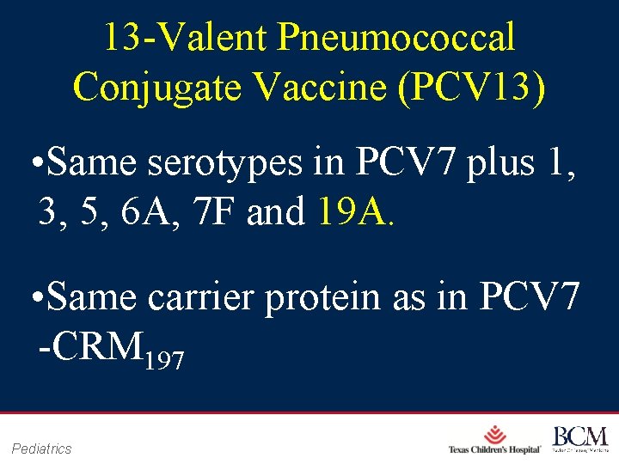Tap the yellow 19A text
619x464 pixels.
(x=349, y=211)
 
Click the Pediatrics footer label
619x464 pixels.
(x=42, y=449)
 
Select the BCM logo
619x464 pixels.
(x=580, y=438)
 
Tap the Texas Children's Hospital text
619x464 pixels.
(x=494, y=450)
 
